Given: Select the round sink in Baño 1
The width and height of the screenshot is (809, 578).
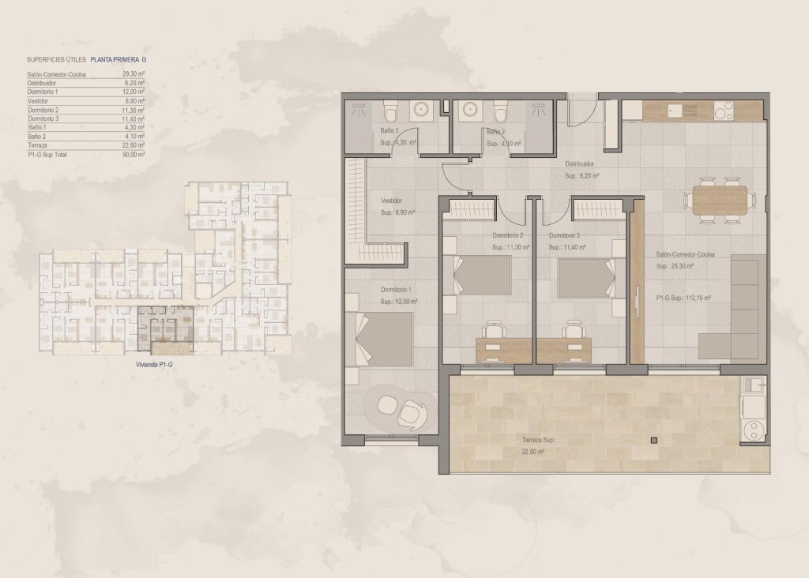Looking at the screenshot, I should point(420,110).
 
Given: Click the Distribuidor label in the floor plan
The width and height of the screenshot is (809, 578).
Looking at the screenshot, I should point(578,164).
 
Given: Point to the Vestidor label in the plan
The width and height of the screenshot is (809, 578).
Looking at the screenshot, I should point(391,201).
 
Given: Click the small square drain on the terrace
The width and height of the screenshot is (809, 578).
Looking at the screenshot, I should point(653,441).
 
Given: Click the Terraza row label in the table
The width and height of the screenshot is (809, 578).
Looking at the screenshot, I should point(38,145).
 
